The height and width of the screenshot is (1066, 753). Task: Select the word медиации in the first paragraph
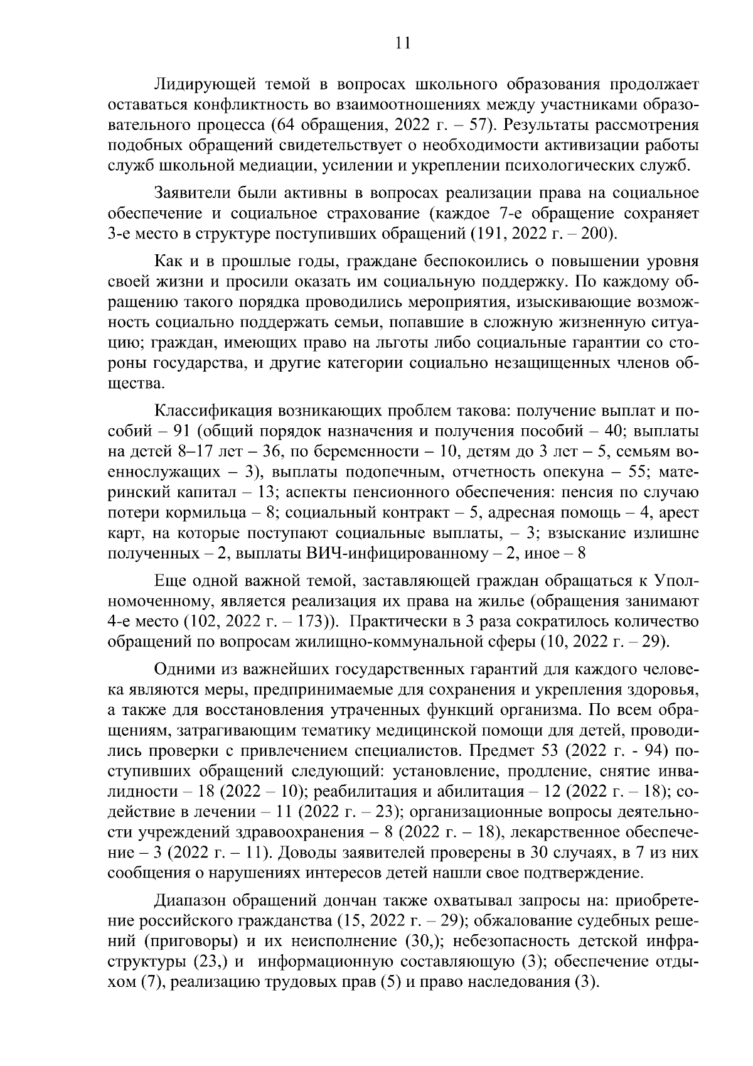click(277, 166)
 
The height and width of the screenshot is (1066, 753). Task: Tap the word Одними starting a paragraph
click(182, 670)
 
